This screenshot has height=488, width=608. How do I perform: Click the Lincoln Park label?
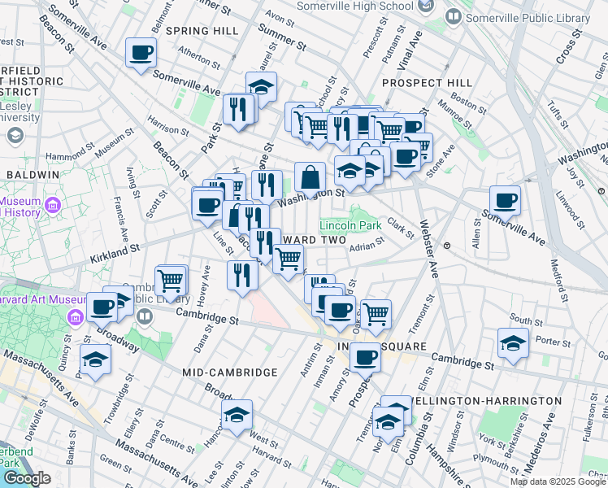pos(350,224)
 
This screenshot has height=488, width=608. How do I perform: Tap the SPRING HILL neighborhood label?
pos(202,30)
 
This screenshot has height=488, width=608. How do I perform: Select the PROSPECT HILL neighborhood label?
pos(427,83)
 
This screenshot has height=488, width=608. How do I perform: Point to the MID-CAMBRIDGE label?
pos(230,372)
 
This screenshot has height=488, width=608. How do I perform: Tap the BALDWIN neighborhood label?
pos(33,174)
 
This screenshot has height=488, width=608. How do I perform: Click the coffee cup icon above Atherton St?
pos(141,53)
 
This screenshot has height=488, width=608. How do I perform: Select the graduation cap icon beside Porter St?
pos(513,343)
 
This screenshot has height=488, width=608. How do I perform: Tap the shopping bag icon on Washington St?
pos(311,176)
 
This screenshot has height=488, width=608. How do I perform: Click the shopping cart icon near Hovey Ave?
pos(170,281)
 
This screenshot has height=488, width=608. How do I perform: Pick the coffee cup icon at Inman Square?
pos(367,356)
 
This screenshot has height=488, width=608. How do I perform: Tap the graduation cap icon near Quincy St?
pos(96,359)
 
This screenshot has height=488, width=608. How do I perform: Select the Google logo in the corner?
pos(26,478)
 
